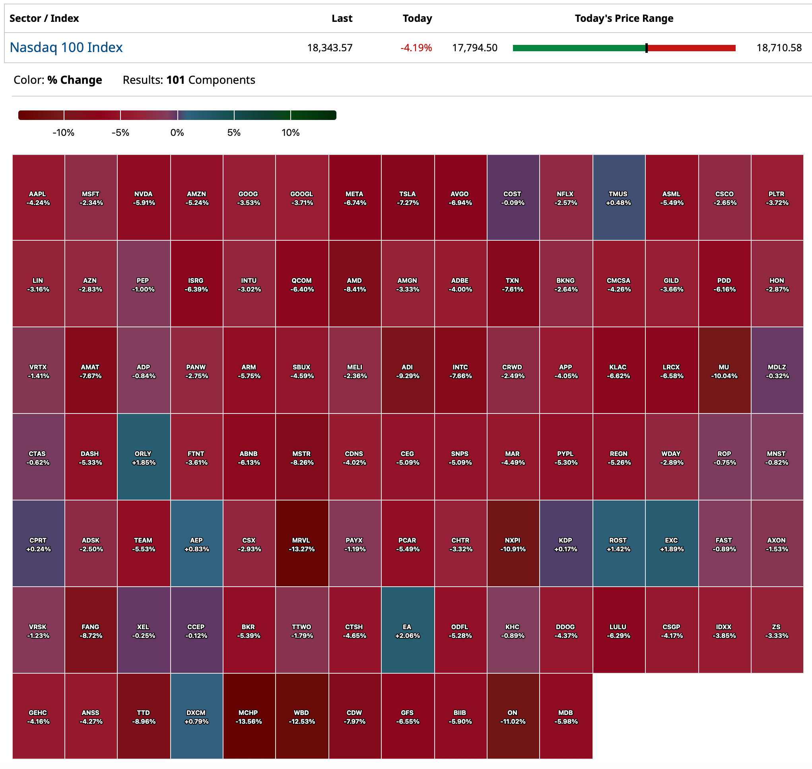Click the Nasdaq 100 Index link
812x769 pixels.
(x=66, y=48)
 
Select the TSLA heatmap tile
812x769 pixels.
(x=408, y=197)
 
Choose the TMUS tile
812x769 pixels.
(x=618, y=197)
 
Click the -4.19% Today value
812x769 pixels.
(x=416, y=48)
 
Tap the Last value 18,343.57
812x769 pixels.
(x=330, y=48)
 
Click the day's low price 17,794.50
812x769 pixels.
(x=474, y=48)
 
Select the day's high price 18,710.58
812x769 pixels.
(x=779, y=48)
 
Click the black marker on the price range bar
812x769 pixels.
(x=646, y=48)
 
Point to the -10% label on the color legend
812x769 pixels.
(x=64, y=132)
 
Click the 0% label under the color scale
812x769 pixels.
(x=177, y=132)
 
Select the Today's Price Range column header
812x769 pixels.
(x=624, y=18)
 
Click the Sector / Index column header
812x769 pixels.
(x=44, y=18)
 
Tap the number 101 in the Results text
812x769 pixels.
(x=175, y=80)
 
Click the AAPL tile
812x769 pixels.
(x=38, y=197)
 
